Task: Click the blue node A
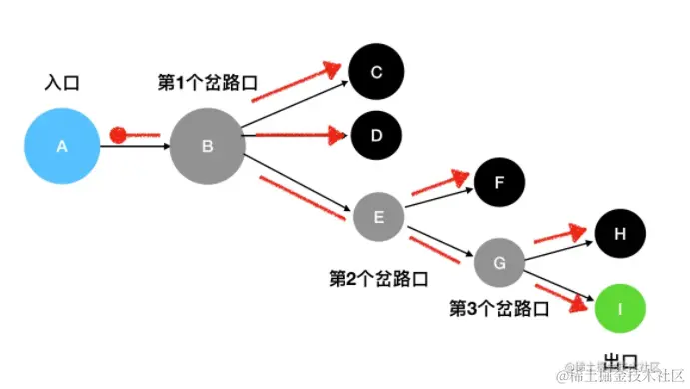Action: pyautogui.click(x=62, y=146)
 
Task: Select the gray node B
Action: pyautogui.click(x=208, y=146)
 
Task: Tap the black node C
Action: pyautogui.click(x=376, y=71)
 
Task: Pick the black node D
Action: pyautogui.click(x=376, y=132)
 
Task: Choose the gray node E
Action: pyautogui.click(x=377, y=215)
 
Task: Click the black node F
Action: pyautogui.click(x=502, y=181)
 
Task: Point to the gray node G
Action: pyautogui.click(x=499, y=262)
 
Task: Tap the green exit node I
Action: pyautogui.click(x=621, y=310)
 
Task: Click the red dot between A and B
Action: pyautogui.click(x=118, y=134)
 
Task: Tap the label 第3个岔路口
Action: pyautogui.click(x=499, y=308)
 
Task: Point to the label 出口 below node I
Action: pyautogui.click(x=621, y=357)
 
